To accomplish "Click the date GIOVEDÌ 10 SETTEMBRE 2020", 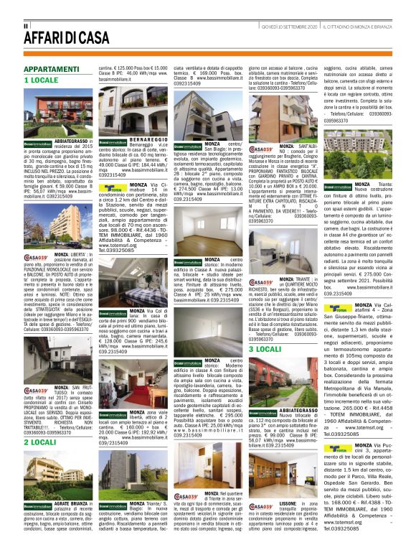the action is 289,25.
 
